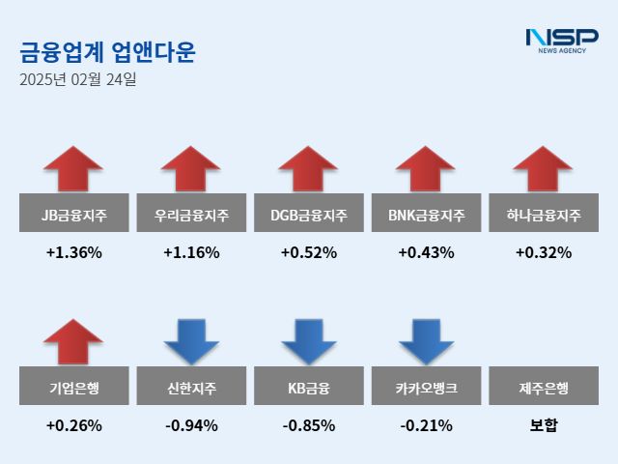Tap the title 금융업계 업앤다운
pos(107,51)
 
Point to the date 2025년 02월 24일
pos(78,80)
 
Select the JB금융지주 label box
pos(73,214)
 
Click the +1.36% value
pos(73,253)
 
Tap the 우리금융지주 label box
pos(191,214)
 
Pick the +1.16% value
pos(191,253)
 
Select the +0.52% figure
pos(308,253)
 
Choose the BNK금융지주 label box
pos(426,214)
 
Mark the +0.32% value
pos(543,253)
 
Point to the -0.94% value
pos(191,425)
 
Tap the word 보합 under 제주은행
pos(543,425)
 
